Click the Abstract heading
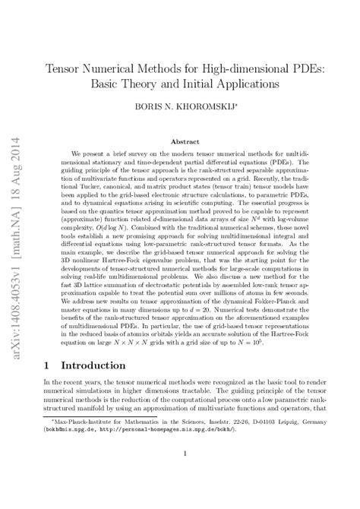tap(185, 141)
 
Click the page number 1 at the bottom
tap(185, 476)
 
